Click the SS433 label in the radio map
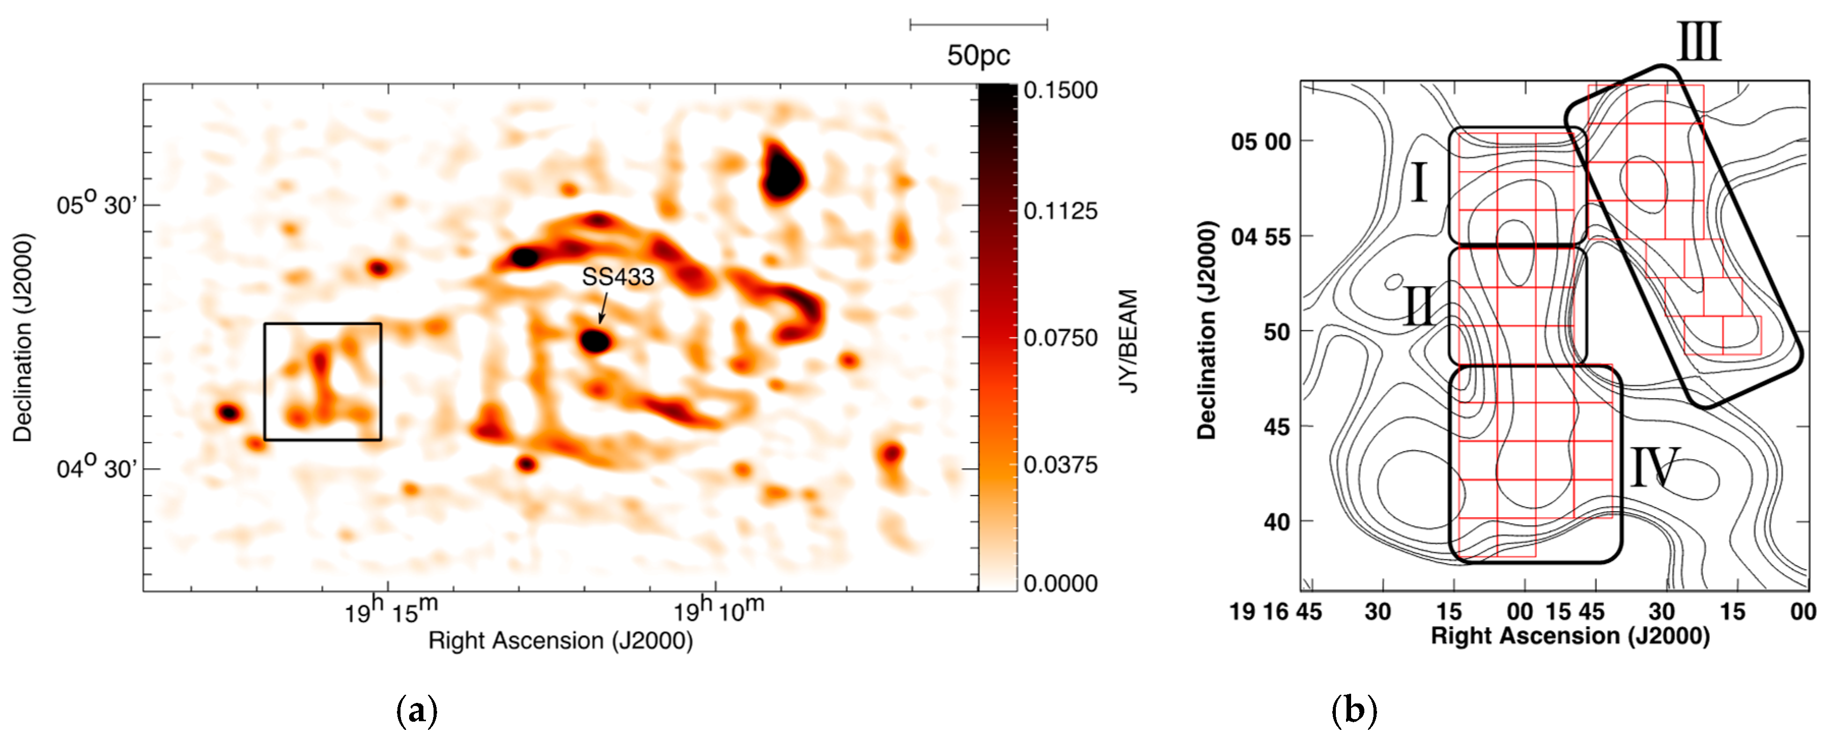pos(618,277)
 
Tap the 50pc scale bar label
pos(978,55)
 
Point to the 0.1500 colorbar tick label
pos(1061,90)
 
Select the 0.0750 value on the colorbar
pos(1061,338)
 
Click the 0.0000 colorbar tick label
pos(1061,583)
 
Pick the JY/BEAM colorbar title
pos(1129,341)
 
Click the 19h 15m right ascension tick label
pos(391,609)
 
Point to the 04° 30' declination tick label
pos(97,469)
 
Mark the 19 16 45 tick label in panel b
pos(1276,611)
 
